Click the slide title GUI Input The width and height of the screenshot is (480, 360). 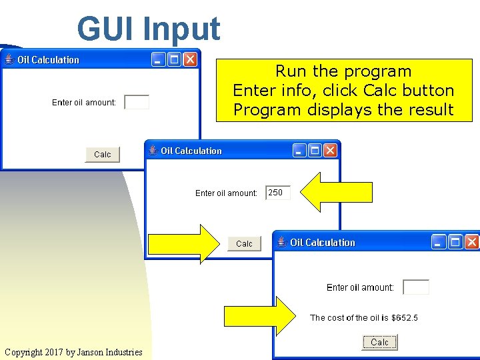coord(148,29)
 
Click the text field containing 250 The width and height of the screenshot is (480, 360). coord(278,193)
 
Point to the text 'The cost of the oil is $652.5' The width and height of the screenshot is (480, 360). coord(364,318)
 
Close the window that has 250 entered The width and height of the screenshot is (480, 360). coord(330,150)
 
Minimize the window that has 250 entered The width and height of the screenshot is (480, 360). coord(299,150)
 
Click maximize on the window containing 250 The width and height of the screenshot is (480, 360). coord(315,150)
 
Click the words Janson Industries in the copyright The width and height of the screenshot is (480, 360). coord(109,352)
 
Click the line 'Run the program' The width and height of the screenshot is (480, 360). coord(343,71)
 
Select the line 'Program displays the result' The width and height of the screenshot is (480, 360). coord(343,110)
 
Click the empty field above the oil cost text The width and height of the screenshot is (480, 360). coord(416,287)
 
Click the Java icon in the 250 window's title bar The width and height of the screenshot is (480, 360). coord(153,150)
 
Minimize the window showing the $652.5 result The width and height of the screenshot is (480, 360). coord(439,242)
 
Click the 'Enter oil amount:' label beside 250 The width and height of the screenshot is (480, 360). coord(226,193)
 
